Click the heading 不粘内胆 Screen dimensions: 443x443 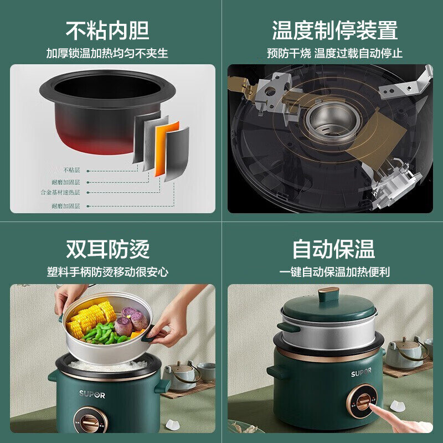107,30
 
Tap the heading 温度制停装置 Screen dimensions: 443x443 335,30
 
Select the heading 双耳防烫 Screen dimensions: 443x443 107,249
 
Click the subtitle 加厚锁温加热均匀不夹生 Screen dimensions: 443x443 107,54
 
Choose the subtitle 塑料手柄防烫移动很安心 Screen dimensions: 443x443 107,272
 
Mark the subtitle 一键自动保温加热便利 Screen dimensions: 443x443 334,272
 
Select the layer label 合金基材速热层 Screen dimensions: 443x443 60,192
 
